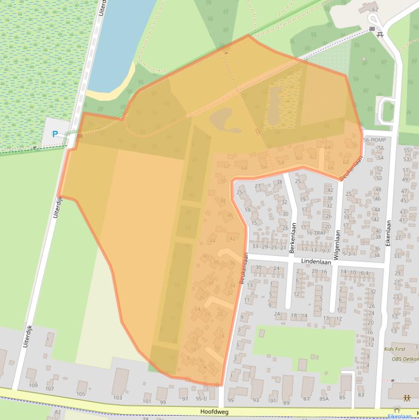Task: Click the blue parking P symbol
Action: pos(54,134)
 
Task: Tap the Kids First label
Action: pos(395,349)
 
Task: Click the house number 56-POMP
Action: pos(374,140)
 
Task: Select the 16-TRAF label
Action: pos(316,233)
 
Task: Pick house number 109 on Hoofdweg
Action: pos(33,386)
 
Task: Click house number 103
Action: pos(118,398)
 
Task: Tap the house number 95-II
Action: pos(202,399)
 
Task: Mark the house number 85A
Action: pos(324,399)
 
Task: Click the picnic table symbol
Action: pos(380,34)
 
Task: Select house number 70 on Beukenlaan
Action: pos(355,146)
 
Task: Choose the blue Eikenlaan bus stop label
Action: pos(399,416)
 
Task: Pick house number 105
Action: pos(81,394)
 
